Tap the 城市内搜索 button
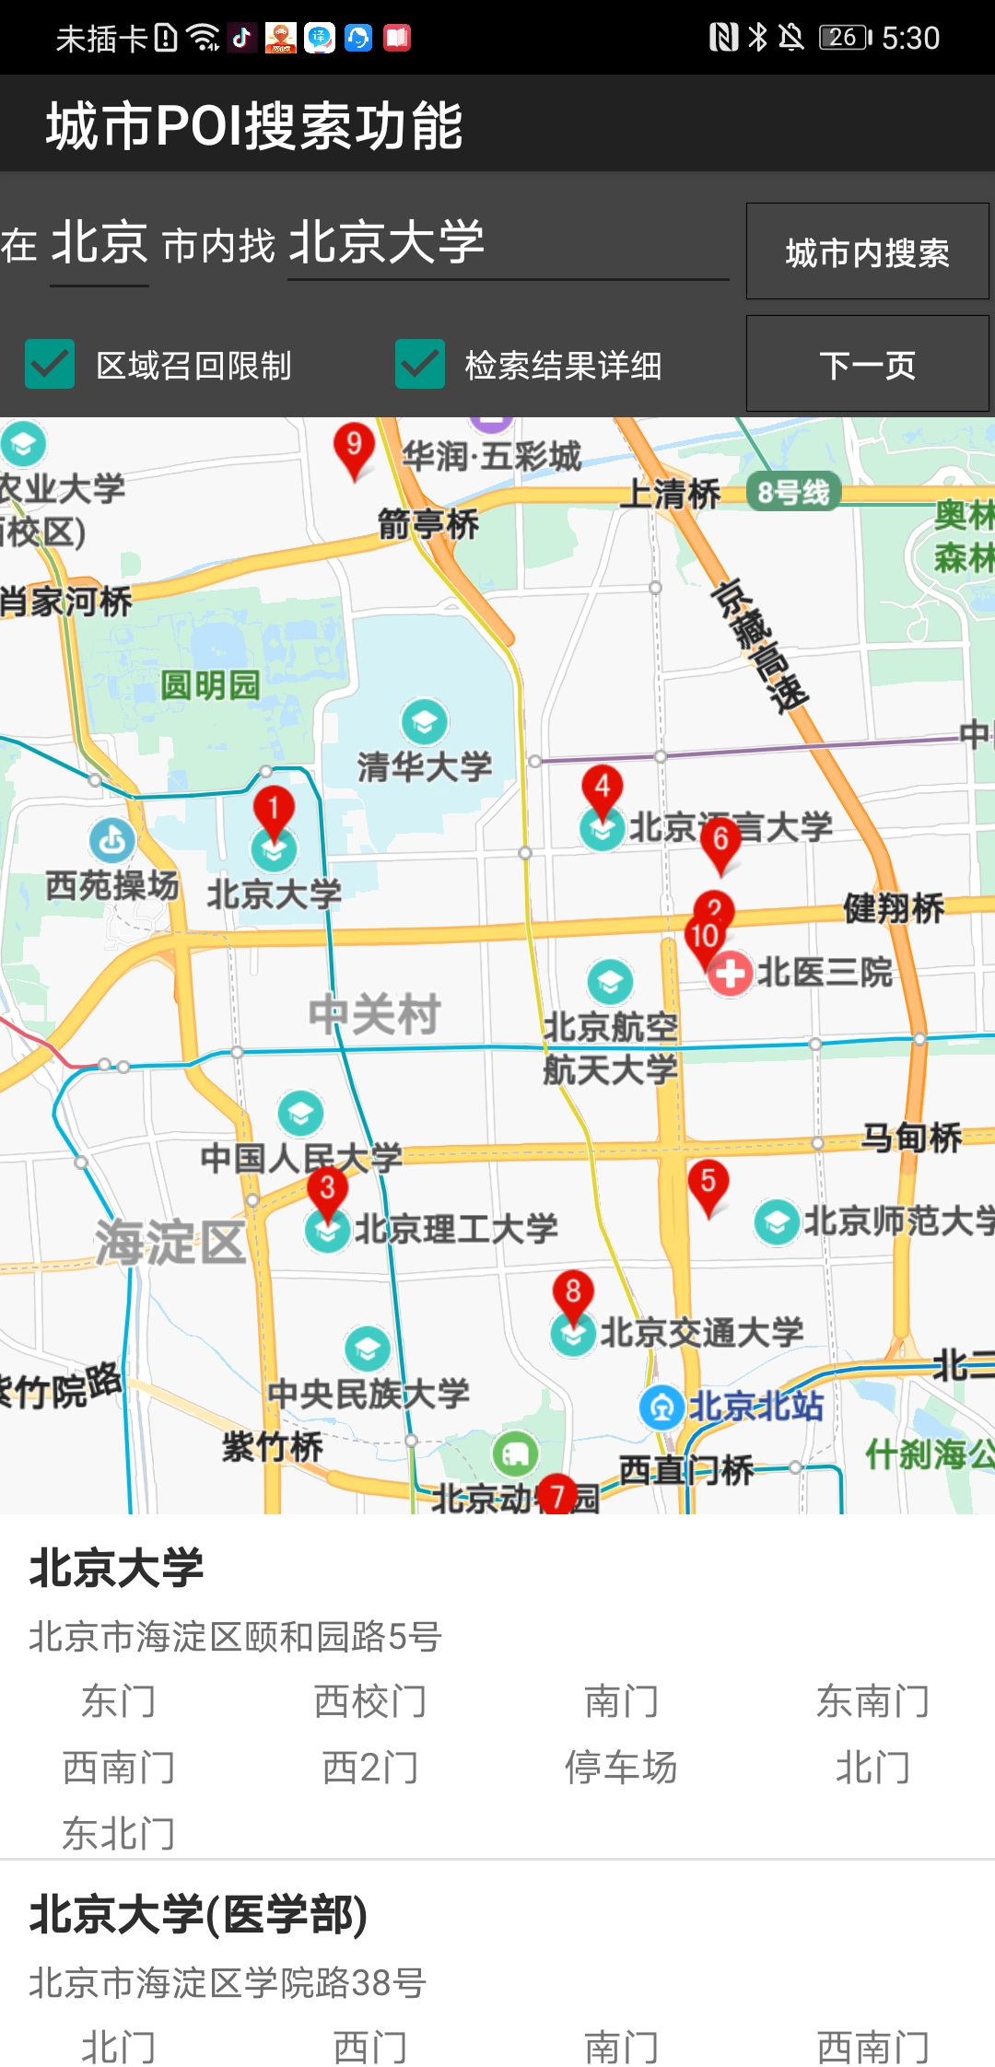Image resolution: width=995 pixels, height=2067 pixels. click(x=866, y=252)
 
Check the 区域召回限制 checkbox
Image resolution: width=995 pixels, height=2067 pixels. click(x=50, y=364)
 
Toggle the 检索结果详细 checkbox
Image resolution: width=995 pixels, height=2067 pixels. click(x=420, y=364)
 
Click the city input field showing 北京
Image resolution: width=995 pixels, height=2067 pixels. click(x=99, y=244)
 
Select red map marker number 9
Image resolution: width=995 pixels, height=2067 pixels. click(x=354, y=447)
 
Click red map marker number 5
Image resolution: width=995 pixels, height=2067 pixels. click(x=708, y=1183)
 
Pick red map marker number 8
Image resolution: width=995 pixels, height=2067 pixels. click(x=573, y=1293)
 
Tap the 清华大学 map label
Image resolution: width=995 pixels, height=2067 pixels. click(x=425, y=766)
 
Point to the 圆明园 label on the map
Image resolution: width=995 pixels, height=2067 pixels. click(x=210, y=685)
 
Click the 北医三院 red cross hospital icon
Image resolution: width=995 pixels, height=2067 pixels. click(x=730, y=973)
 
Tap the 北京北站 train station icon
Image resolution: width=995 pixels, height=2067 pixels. click(x=661, y=1407)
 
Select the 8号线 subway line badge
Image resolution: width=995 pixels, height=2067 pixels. click(x=793, y=493)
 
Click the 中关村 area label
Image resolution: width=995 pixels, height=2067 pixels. click(x=374, y=1015)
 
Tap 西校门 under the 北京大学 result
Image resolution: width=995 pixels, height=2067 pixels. click(x=369, y=1701)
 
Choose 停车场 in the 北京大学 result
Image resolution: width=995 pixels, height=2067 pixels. click(x=621, y=1768)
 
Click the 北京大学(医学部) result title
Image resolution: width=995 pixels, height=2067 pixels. click(x=199, y=1915)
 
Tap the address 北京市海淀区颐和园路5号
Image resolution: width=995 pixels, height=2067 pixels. click(x=236, y=1637)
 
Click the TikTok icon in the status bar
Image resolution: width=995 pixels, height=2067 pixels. click(x=242, y=38)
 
